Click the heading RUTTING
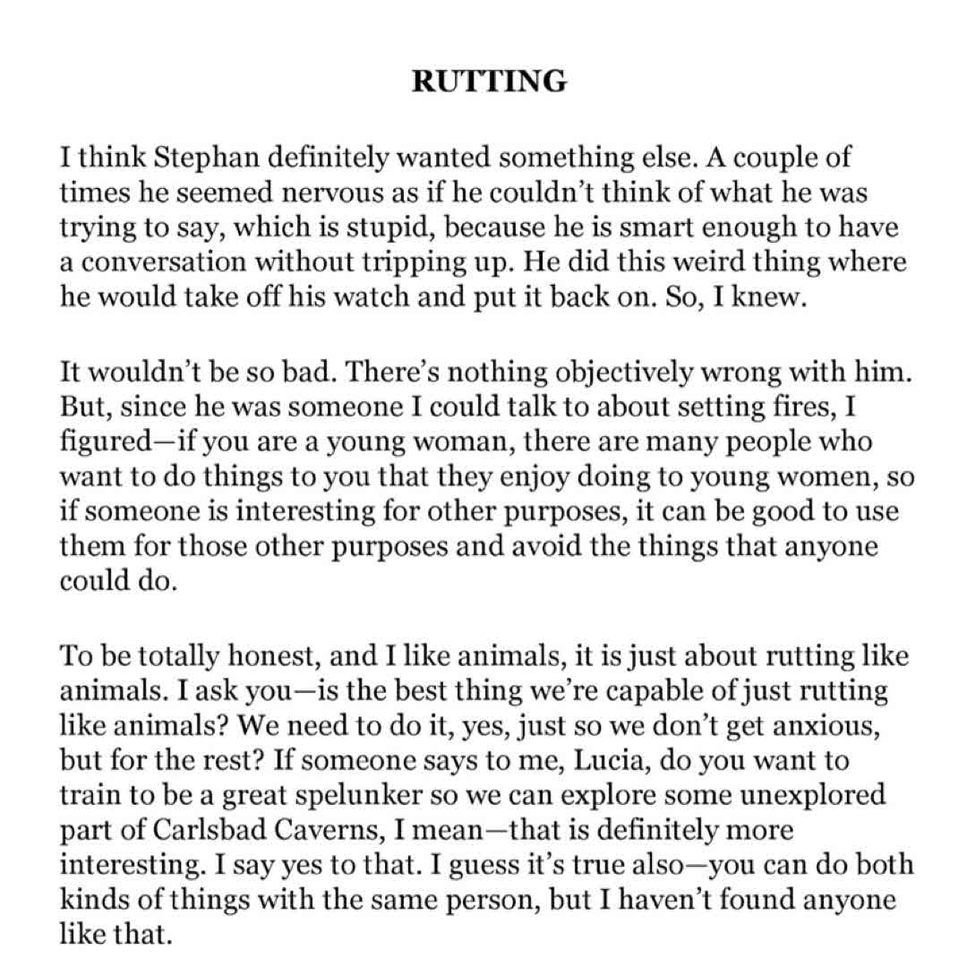pos(489,81)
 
